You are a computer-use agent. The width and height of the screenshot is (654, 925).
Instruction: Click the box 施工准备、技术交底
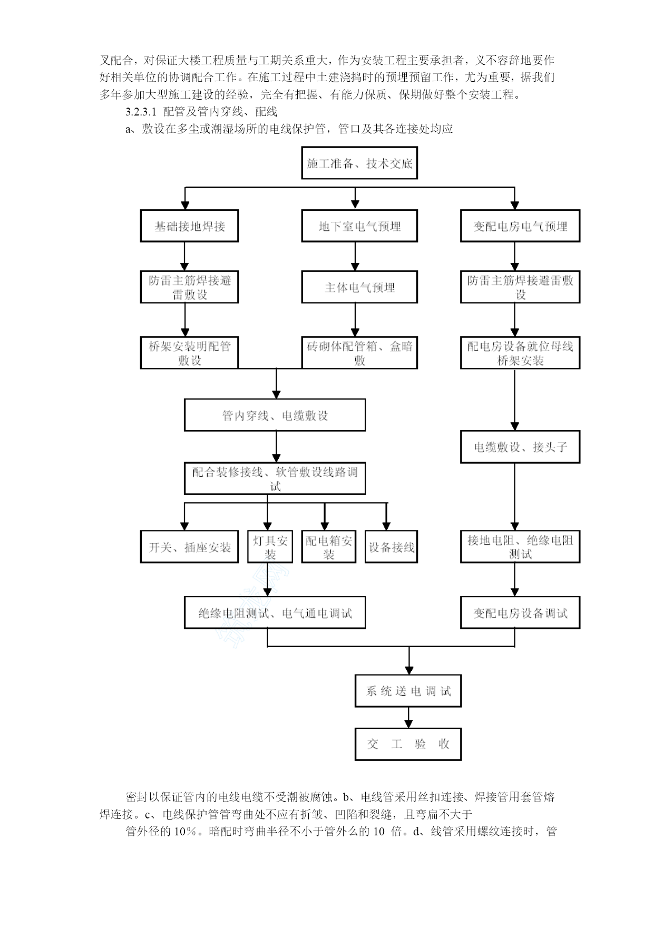tap(359, 163)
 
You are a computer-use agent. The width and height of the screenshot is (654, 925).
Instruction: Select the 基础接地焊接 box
tap(189, 226)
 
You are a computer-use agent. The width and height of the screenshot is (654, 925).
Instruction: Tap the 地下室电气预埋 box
tap(359, 226)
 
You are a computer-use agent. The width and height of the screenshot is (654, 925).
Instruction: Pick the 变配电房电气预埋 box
tap(520, 226)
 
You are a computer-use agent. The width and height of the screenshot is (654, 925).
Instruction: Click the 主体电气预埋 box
tap(359, 287)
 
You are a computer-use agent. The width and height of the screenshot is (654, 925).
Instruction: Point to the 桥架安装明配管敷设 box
tap(189, 353)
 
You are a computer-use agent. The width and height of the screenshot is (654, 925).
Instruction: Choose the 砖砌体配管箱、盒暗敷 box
tap(359, 353)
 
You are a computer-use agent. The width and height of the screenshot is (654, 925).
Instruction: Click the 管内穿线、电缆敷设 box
tap(275, 415)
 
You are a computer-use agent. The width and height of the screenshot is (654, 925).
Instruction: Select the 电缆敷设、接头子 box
tap(520, 447)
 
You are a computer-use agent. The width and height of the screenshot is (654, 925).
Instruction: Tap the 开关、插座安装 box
tap(189, 547)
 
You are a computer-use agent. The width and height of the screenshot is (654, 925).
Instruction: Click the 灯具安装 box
tap(270, 547)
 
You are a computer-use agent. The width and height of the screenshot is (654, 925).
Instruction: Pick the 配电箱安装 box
tap(328, 547)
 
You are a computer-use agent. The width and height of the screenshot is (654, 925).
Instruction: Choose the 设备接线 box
tap(391, 547)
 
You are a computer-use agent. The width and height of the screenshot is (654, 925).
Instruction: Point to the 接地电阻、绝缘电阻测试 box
tap(520, 547)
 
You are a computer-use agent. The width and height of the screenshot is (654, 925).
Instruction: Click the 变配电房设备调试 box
tap(520, 613)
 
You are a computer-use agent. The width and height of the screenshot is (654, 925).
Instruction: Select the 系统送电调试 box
tap(408, 691)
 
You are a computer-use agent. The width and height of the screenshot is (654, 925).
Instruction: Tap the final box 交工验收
tap(408, 744)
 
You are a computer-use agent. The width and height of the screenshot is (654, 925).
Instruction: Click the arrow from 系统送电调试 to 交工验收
tap(408, 718)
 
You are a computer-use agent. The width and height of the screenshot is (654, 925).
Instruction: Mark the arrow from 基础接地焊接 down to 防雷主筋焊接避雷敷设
tap(184, 257)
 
